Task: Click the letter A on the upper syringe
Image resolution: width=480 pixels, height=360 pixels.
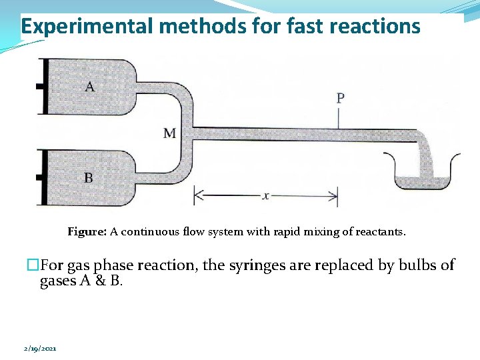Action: point(89,86)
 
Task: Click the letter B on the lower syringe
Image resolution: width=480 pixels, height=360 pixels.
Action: point(89,177)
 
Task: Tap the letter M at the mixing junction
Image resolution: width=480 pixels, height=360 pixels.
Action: point(169,133)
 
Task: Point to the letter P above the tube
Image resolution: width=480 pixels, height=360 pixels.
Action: point(340,99)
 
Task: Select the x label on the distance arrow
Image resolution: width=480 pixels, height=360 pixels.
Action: point(266,196)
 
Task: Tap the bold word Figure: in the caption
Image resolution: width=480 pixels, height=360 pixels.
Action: point(87,232)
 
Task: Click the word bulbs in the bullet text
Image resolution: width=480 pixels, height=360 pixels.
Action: point(419,265)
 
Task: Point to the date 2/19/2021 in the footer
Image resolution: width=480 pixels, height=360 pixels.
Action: point(39,348)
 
